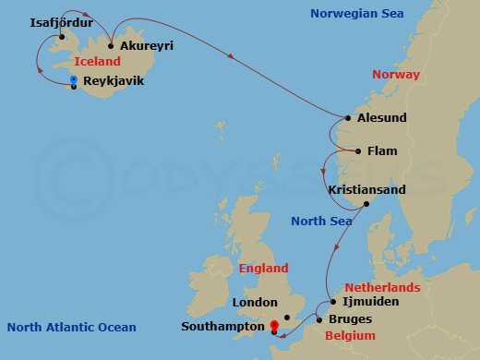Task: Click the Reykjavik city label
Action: click(x=114, y=81)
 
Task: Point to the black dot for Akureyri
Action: click(x=110, y=45)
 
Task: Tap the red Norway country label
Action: click(x=395, y=74)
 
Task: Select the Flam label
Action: click(x=382, y=150)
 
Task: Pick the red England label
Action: click(x=263, y=269)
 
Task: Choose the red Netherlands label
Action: click(x=382, y=287)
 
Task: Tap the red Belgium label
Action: click(x=351, y=336)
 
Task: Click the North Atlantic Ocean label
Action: click(x=71, y=327)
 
